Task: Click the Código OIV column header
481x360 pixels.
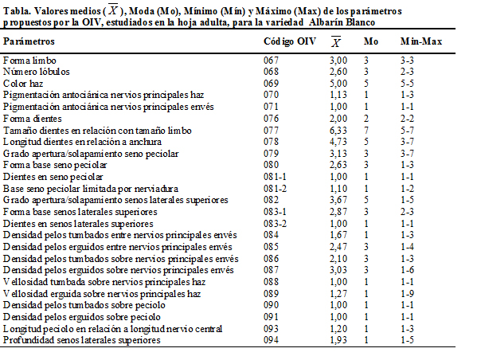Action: [x=290, y=41]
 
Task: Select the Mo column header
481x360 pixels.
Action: [x=371, y=41]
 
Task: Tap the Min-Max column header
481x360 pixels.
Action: [x=421, y=41]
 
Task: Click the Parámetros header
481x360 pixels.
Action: [x=29, y=41]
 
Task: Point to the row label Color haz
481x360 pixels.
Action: [x=23, y=84]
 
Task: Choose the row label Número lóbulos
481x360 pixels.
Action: [x=36, y=72]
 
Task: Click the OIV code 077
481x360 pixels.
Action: [x=272, y=131]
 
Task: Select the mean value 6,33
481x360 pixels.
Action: [x=338, y=131]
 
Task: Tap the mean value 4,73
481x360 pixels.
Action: [x=338, y=142]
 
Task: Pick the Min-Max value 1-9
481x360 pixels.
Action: [x=408, y=294]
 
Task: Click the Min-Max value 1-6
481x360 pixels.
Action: [x=408, y=270]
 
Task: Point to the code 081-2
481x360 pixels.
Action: [x=275, y=189]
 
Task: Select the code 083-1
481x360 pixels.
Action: [x=275, y=212]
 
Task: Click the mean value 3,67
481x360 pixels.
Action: [x=338, y=200]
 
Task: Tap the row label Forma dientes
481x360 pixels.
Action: [x=32, y=119]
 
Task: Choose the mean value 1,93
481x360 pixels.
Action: [x=338, y=340]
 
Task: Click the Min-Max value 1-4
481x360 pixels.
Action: [x=408, y=247]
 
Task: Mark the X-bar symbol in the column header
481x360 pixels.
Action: [x=336, y=41]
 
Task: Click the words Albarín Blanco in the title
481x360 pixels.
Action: [x=342, y=22]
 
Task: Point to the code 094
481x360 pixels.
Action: [x=272, y=340]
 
